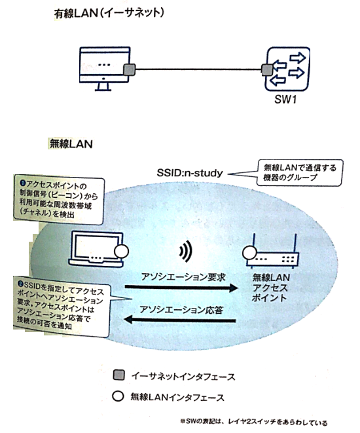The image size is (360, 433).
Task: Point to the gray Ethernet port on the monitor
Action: [130, 68]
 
